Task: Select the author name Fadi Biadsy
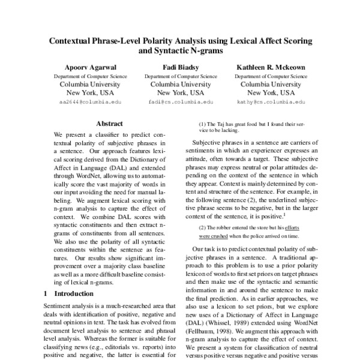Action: coord(180,67)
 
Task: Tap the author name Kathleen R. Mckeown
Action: coord(271,67)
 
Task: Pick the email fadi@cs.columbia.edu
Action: coord(180,103)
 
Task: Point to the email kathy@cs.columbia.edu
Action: coord(271,103)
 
